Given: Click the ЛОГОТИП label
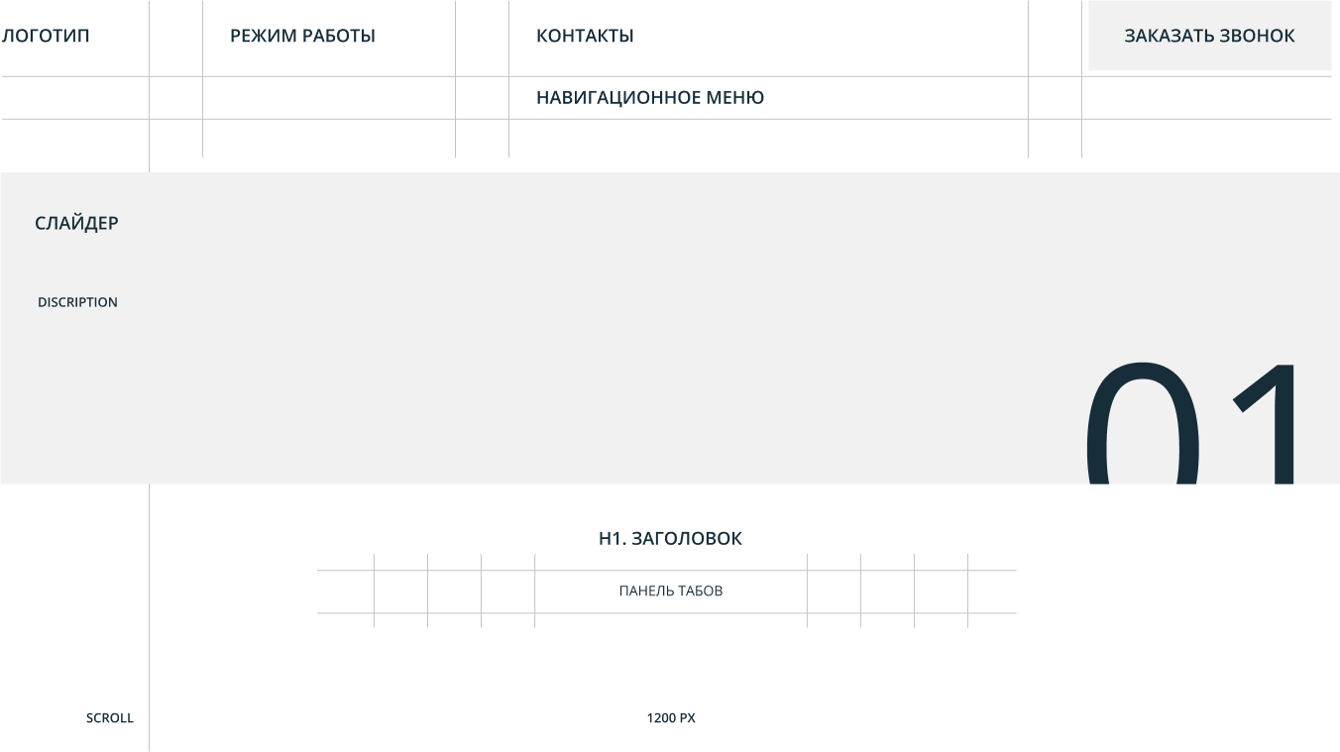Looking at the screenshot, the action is point(46,36).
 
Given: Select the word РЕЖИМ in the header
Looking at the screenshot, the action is point(264,36).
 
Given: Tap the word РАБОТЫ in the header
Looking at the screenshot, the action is point(339,36).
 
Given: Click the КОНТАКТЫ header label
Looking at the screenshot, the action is point(585,36).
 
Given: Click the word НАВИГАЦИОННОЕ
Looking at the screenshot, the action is point(617,97).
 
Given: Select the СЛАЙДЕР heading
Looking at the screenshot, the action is point(76,223).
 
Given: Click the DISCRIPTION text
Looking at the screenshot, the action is point(77,302).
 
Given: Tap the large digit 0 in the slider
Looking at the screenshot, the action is point(1142,422).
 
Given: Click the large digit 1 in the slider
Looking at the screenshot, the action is point(1269,422).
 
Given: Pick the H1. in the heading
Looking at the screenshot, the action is point(612,539).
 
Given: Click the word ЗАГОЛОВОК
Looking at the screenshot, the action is point(687,539).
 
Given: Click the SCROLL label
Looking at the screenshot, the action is point(109,718).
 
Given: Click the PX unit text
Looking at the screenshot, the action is point(688,718).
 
